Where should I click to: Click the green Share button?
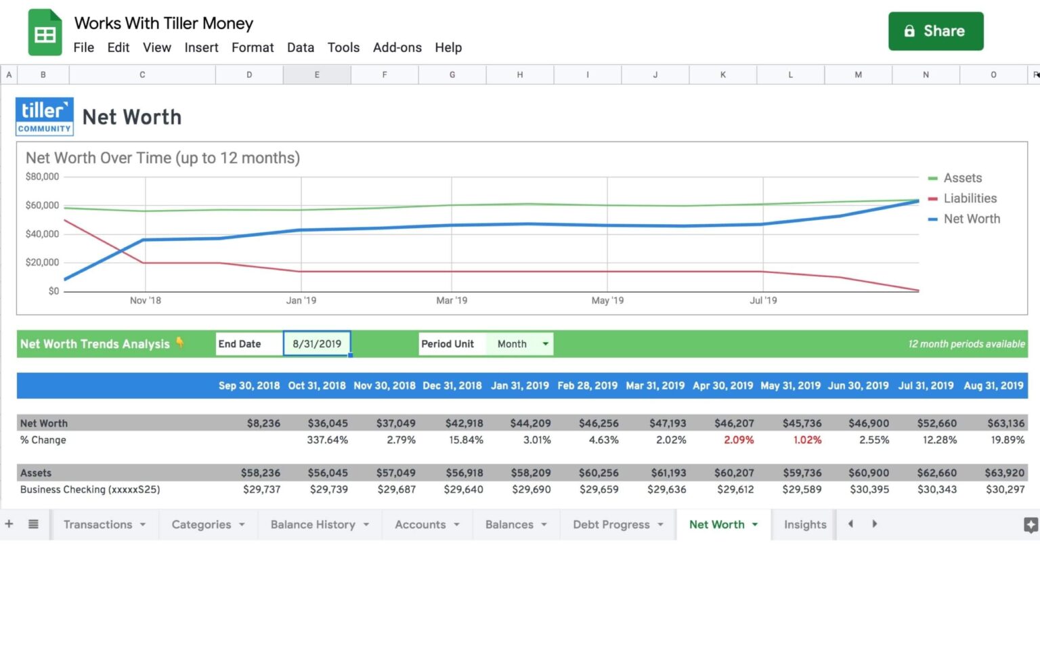935,31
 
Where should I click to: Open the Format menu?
253,47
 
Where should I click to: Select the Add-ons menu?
397,47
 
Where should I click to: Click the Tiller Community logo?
45,116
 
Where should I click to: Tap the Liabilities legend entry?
970,198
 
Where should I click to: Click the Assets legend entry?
962,178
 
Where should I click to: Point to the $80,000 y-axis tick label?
42,177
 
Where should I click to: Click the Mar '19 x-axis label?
452,301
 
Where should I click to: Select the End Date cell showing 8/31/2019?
317,344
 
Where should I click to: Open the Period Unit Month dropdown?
520,344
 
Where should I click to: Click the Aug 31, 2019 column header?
993,386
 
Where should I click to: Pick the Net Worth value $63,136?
1005,423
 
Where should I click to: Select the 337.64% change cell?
328,440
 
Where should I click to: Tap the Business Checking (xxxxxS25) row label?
90,490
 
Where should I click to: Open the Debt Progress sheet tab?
611,525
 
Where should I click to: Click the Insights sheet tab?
805,525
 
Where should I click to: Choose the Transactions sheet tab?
98,525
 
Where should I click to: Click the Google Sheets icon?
45,32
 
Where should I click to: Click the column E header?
317,75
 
